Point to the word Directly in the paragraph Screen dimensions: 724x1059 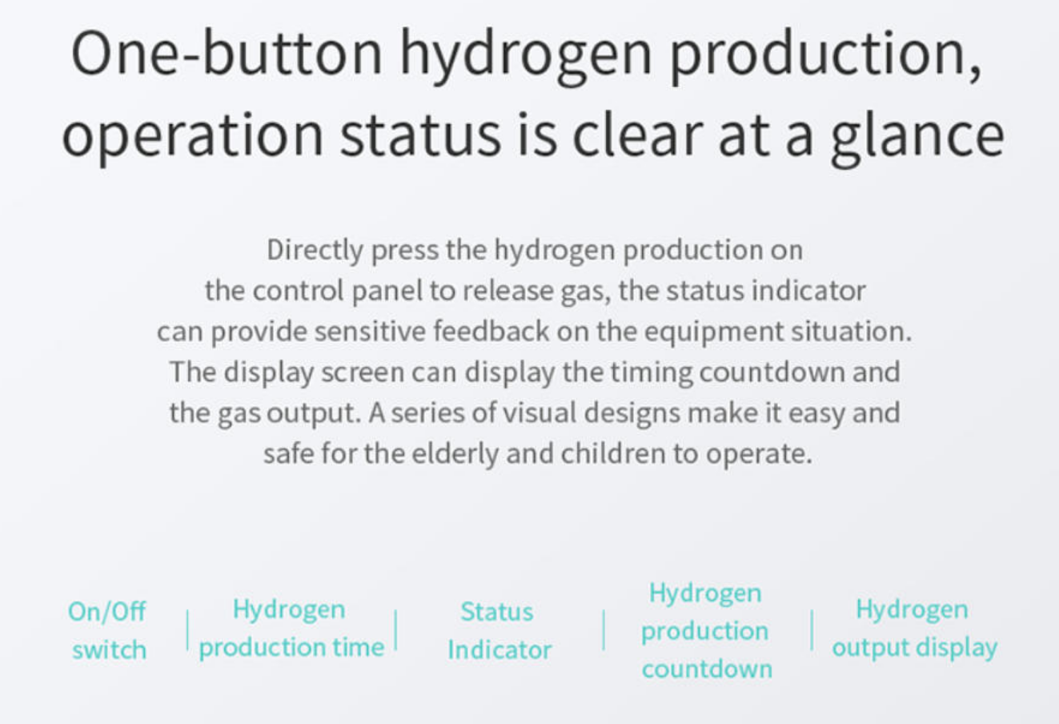315,250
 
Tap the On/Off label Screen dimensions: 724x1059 107,611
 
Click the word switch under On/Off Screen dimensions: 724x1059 109,650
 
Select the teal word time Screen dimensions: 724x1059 358,647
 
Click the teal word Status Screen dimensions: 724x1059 496,611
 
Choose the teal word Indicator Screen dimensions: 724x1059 499,650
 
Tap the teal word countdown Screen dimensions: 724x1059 707,669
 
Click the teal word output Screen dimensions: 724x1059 868,647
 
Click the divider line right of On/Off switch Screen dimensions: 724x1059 188,630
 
